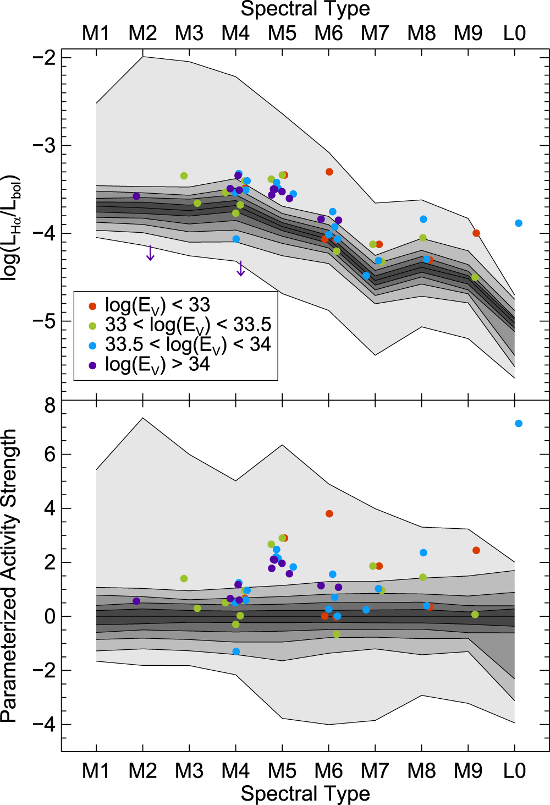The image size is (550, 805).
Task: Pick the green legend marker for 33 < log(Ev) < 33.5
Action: pos(92,326)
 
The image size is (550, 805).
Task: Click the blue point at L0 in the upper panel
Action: pos(518,223)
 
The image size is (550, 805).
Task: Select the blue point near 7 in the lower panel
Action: pos(518,424)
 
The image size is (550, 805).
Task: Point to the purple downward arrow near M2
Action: pos(150,254)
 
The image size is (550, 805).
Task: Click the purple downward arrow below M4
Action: pos(240,269)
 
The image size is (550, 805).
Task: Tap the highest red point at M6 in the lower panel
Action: pos(329,514)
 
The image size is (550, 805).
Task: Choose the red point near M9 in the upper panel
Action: pos(476,233)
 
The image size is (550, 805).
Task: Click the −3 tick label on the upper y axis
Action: pos(44,146)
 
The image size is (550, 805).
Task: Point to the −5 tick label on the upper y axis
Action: pos(44,321)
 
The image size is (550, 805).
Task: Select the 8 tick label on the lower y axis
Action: pos(50,406)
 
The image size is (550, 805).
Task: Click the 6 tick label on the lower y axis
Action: pos(50,454)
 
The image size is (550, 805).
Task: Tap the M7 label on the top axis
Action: pos(375,34)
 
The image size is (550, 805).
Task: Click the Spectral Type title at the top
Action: pos(305,9)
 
